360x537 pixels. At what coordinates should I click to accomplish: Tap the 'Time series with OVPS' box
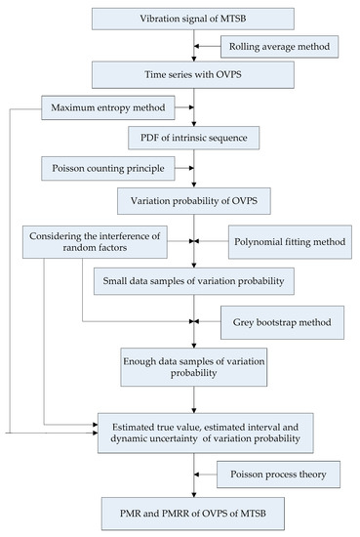(195, 75)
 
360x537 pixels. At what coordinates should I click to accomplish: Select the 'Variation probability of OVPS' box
(195, 204)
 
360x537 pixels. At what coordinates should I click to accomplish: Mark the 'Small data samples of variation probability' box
(195, 280)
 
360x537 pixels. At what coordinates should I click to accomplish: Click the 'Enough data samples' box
(195, 367)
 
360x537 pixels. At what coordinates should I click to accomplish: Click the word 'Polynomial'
(258, 240)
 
